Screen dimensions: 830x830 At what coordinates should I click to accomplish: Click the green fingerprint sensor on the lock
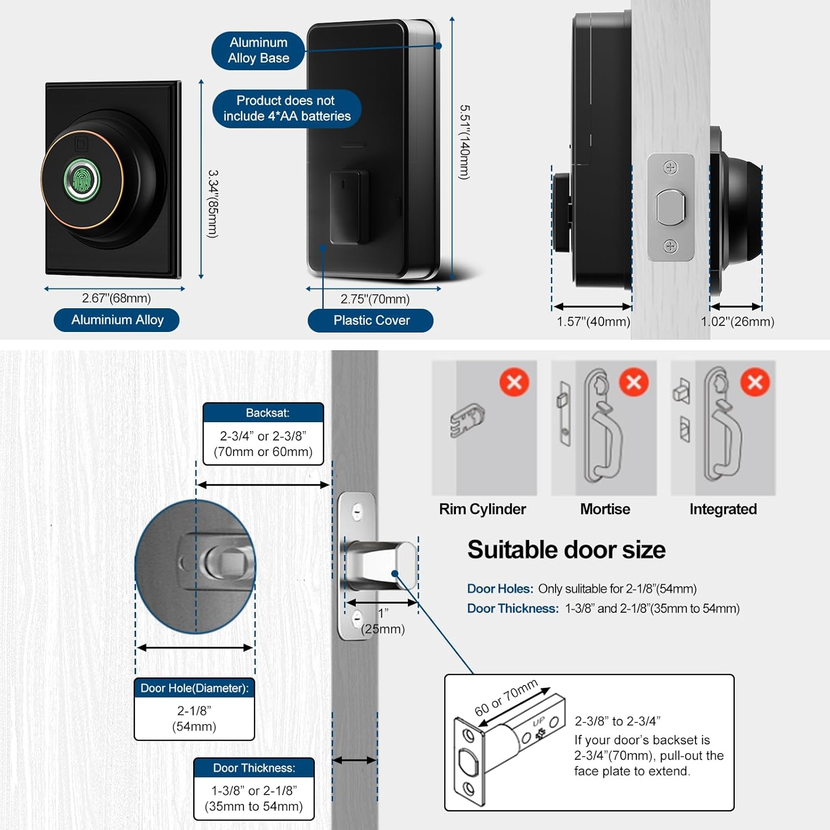[x=82, y=179]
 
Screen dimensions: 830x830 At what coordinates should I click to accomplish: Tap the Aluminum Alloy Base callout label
[x=258, y=50]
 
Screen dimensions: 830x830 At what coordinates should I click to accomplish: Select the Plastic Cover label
[x=371, y=320]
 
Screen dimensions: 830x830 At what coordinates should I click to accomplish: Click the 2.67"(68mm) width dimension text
[x=116, y=298]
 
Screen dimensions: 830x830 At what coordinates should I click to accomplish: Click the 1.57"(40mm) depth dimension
[x=593, y=321]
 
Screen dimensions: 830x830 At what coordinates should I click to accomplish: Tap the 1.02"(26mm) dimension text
[x=737, y=321]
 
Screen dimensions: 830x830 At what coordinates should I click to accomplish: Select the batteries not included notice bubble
[x=287, y=108]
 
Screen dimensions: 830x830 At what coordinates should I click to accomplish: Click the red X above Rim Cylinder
[x=514, y=382]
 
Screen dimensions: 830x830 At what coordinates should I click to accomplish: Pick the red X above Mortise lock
[x=634, y=382]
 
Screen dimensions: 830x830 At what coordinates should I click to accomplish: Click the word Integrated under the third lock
[x=723, y=509]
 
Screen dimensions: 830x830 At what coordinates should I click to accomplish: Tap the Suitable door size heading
[x=566, y=550]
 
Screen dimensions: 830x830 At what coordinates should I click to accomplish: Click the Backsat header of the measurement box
[x=263, y=413]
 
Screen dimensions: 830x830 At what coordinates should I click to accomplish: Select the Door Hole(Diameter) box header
[x=194, y=688]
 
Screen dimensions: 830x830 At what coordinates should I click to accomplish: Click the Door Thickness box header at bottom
[x=254, y=768]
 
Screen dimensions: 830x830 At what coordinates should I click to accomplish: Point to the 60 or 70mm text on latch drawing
[x=506, y=698]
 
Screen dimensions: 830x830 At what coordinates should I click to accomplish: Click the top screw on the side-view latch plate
[x=671, y=168]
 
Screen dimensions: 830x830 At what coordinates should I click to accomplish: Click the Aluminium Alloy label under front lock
[x=117, y=320]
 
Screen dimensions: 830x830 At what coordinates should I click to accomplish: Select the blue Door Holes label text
[x=500, y=589]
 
